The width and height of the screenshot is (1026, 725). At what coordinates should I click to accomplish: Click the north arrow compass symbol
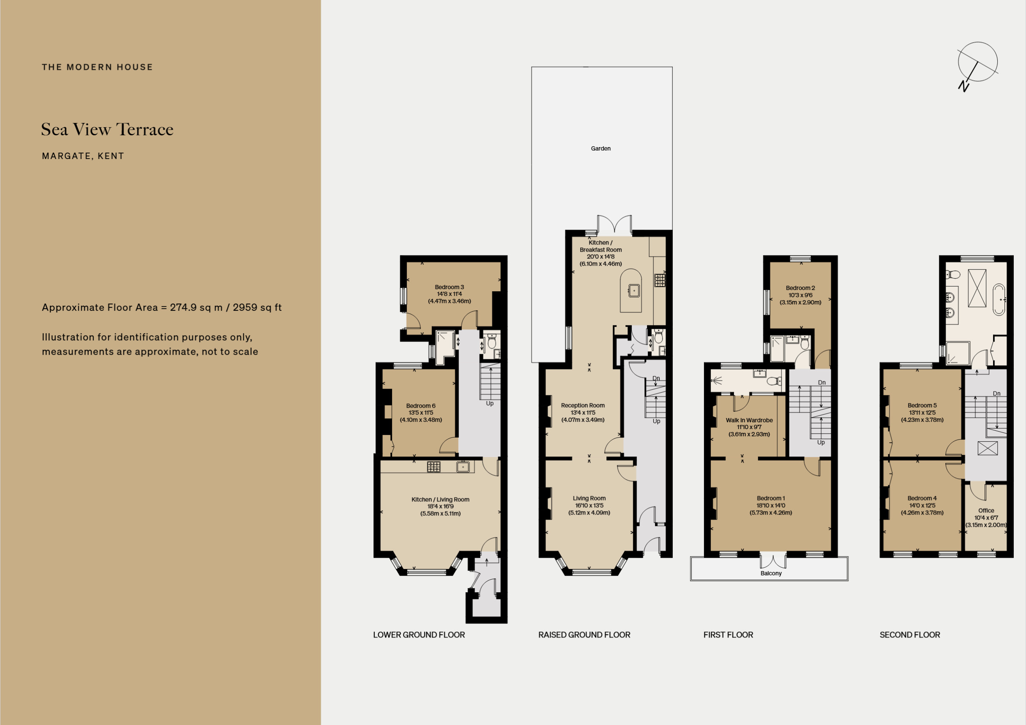click(977, 63)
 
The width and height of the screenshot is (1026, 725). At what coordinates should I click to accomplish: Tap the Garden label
click(600, 148)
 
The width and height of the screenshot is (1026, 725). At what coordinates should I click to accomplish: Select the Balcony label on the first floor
click(771, 573)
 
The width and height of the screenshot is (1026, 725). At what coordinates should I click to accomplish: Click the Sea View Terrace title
click(107, 129)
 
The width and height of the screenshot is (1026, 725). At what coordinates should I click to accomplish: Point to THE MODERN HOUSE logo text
click(98, 67)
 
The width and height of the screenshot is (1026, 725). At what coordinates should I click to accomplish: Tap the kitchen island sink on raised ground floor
click(634, 290)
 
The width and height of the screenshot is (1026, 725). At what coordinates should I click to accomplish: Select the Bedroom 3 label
click(449, 287)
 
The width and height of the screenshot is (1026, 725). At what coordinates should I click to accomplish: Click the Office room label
click(986, 510)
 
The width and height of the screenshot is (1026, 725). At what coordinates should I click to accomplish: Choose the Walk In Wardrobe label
click(749, 420)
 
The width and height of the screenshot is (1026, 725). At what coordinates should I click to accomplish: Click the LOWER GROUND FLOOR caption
click(419, 635)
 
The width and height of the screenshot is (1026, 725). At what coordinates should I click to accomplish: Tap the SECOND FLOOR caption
click(910, 635)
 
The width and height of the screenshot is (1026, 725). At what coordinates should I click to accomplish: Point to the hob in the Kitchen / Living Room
click(434, 467)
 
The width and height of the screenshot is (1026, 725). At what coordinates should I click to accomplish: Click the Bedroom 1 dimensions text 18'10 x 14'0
click(771, 506)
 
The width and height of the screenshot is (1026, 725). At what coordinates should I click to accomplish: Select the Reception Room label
click(583, 405)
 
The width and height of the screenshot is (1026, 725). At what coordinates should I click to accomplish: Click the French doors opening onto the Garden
click(614, 224)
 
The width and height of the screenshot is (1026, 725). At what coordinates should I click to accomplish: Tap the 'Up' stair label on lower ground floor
click(490, 403)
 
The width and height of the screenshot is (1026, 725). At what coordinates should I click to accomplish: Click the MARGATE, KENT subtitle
click(83, 156)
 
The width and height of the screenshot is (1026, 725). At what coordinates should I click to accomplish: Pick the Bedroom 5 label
click(922, 405)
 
